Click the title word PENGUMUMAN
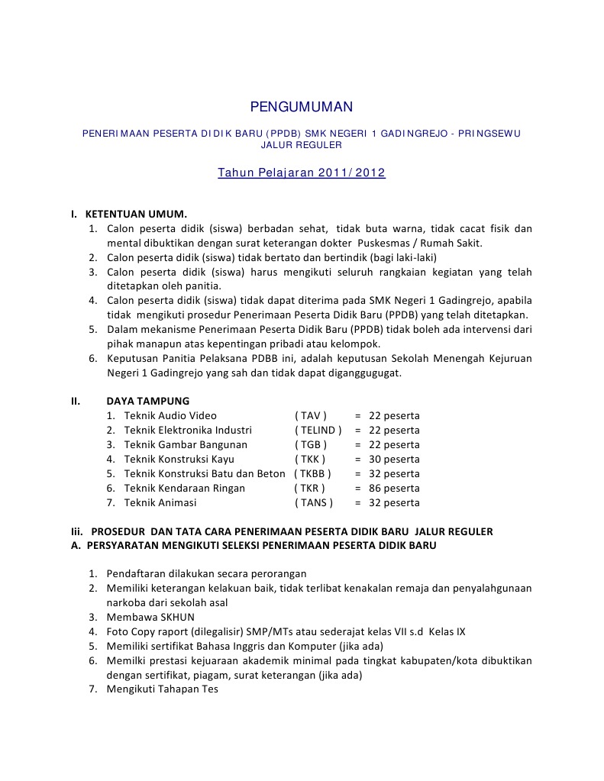pos(302,107)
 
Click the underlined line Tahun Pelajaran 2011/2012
pos(302,173)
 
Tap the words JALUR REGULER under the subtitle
pos(302,145)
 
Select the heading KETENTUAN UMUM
pos(136,214)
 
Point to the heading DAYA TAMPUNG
pos(148,401)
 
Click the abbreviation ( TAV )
pos(311,416)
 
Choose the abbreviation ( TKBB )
pos(313,474)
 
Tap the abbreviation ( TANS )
pos(314,503)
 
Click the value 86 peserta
pos(394,489)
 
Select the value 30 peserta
pos(394,460)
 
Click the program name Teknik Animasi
pos(160,503)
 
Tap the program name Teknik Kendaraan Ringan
pos(185,489)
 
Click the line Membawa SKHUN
pos(150,618)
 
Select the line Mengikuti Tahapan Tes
pos(162,689)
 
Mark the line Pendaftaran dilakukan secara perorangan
pos(206,574)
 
